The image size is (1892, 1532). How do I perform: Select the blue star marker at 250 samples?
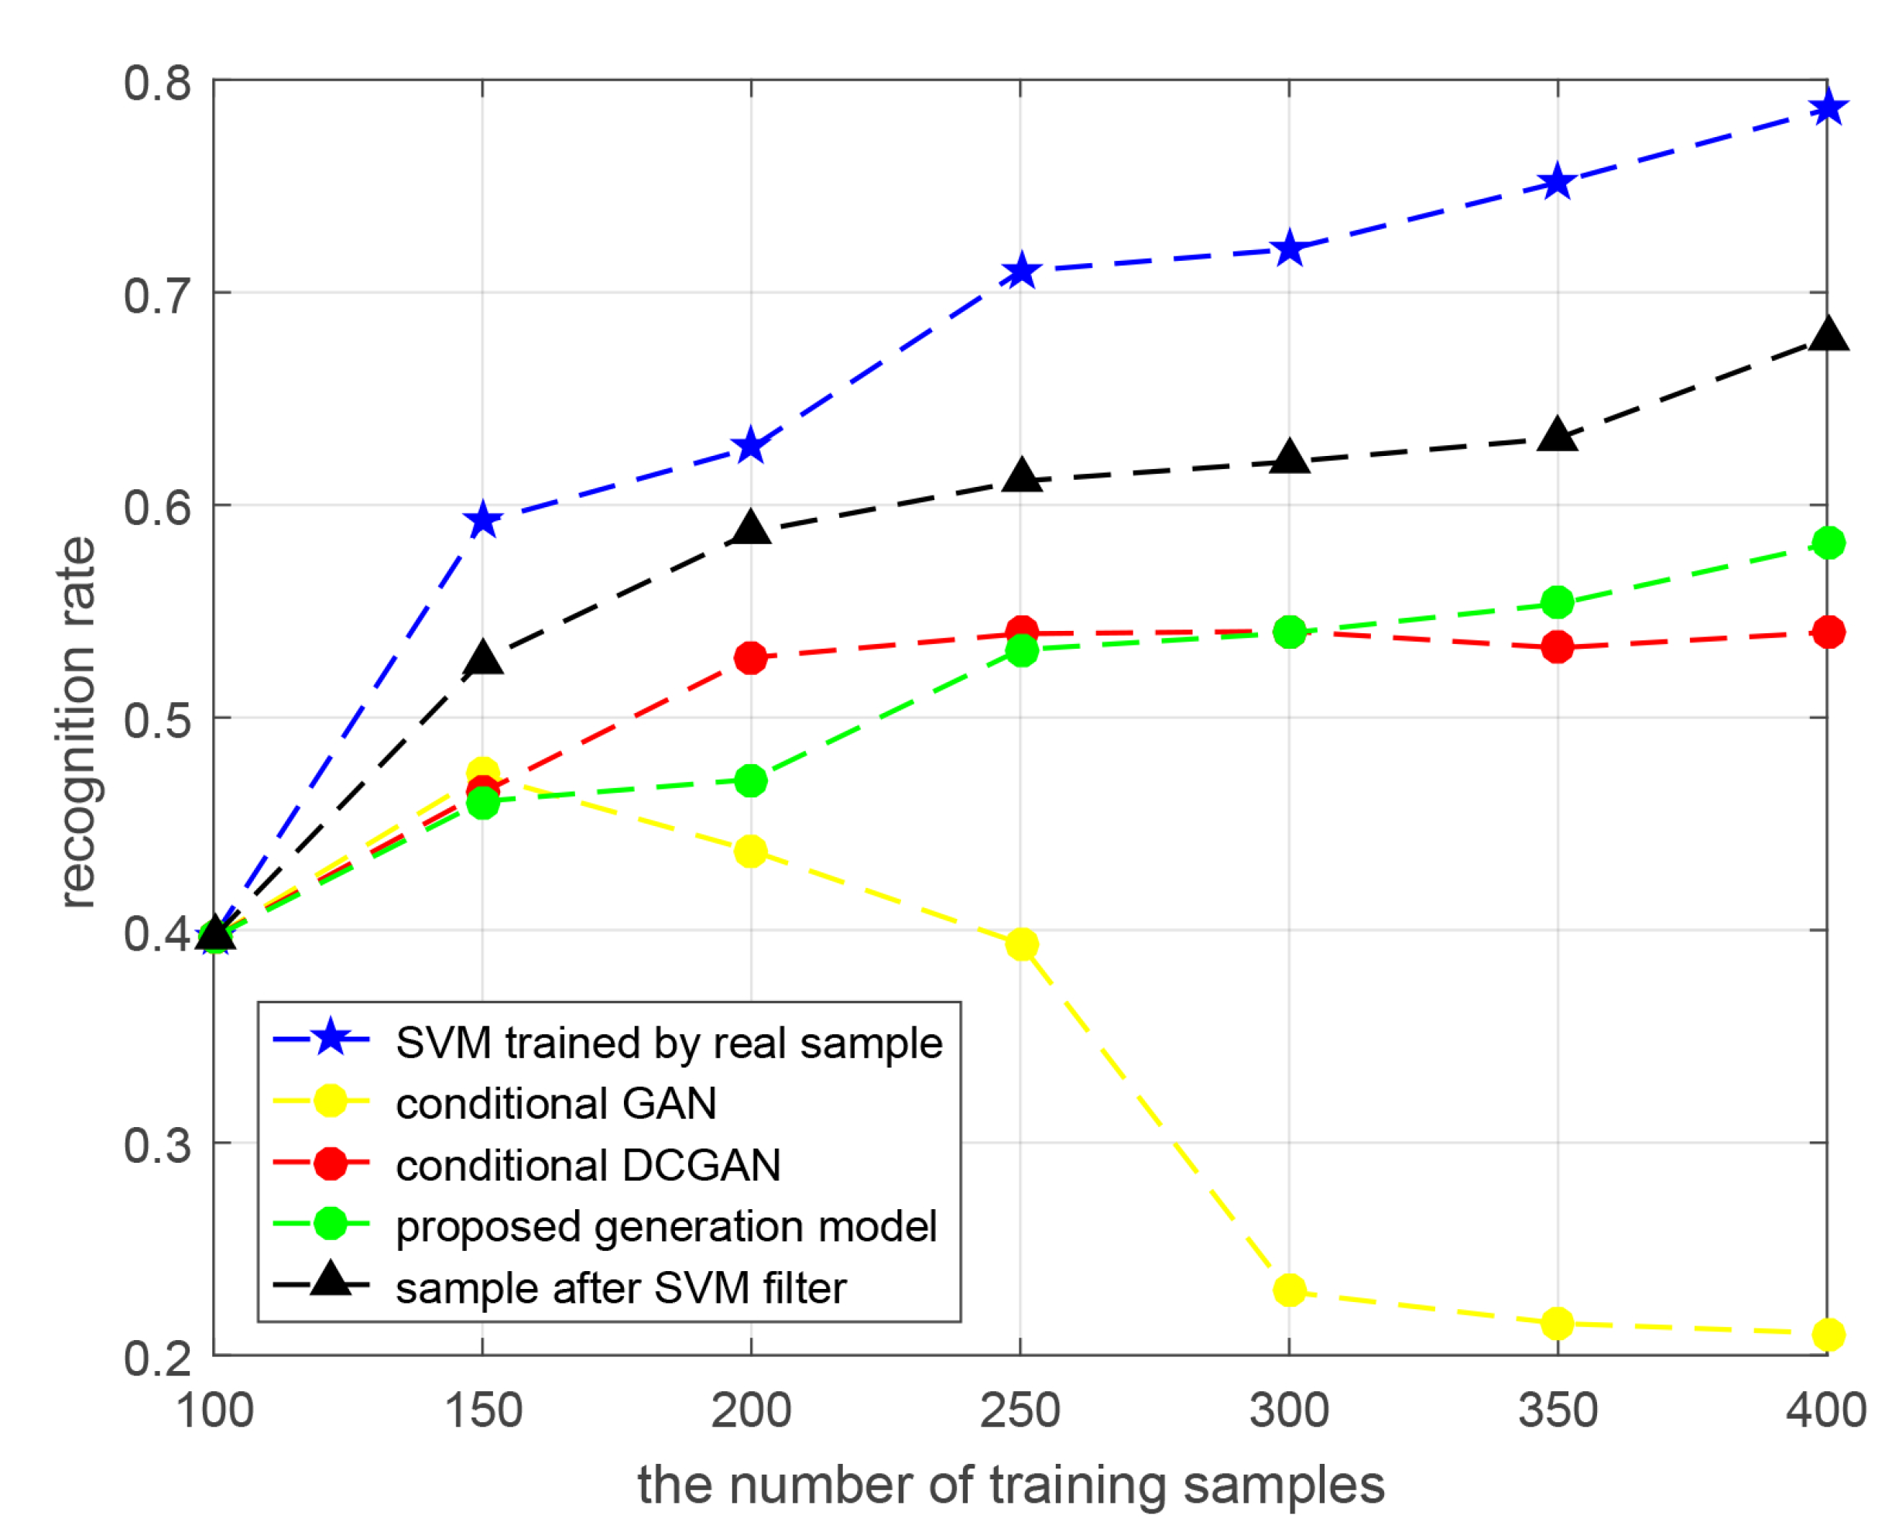click(x=1021, y=271)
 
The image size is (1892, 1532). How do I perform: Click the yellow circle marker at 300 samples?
click(x=1289, y=1290)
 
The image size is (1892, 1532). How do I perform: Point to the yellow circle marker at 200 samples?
click(x=750, y=852)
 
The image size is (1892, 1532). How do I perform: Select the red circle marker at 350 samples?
click(x=1558, y=647)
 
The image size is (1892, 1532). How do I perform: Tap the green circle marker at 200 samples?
click(x=750, y=780)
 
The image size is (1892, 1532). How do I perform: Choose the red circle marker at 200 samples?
click(x=750, y=657)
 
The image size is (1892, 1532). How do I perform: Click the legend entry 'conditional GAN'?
click(x=556, y=1104)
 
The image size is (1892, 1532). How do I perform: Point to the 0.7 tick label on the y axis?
click(x=157, y=295)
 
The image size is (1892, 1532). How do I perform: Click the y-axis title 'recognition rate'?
click(x=77, y=722)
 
